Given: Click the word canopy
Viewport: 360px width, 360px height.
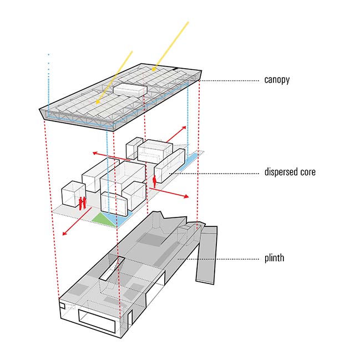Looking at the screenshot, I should pyautogui.click(x=276, y=80).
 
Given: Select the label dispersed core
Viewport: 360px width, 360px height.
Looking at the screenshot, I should pyautogui.click(x=290, y=172).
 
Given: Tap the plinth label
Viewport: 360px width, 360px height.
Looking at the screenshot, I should pyautogui.click(x=275, y=258).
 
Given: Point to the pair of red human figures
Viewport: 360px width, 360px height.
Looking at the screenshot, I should pyautogui.click(x=82, y=203).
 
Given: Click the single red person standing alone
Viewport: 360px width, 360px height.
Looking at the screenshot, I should pyautogui.click(x=154, y=181).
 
